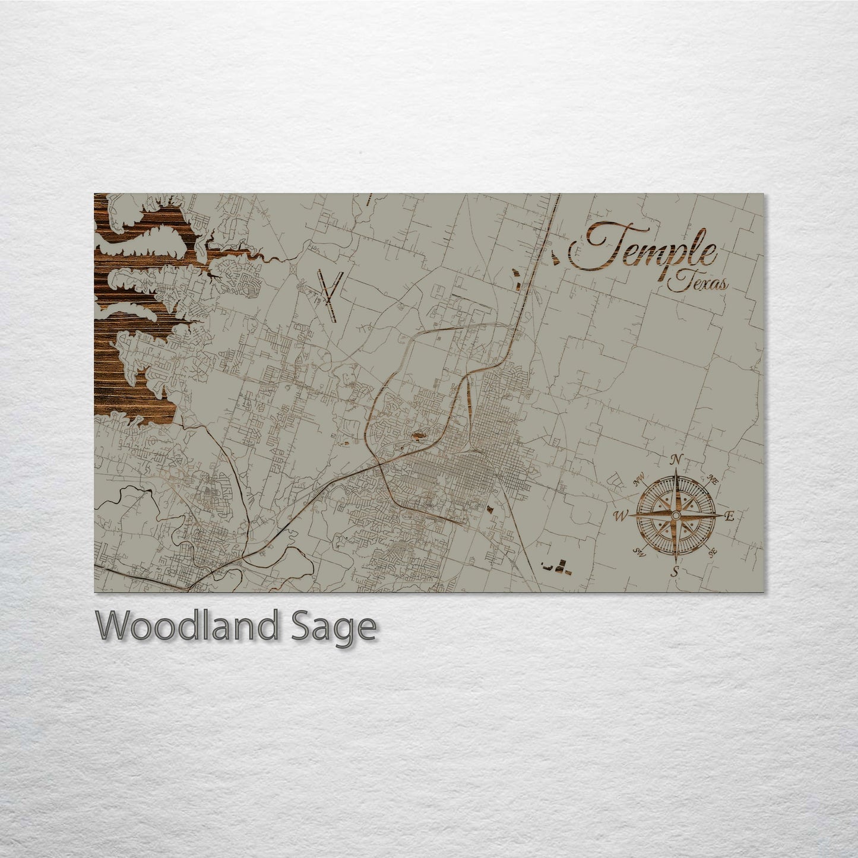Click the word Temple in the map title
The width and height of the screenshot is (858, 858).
point(644,246)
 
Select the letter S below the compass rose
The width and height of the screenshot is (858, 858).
point(675,572)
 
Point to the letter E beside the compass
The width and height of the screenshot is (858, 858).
point(730,517)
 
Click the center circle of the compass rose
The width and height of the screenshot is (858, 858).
point(676,516)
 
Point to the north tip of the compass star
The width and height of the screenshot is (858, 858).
point(676,473)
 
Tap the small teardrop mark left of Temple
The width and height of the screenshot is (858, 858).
point(555,257)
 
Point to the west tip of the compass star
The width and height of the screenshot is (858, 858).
point(632,516)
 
